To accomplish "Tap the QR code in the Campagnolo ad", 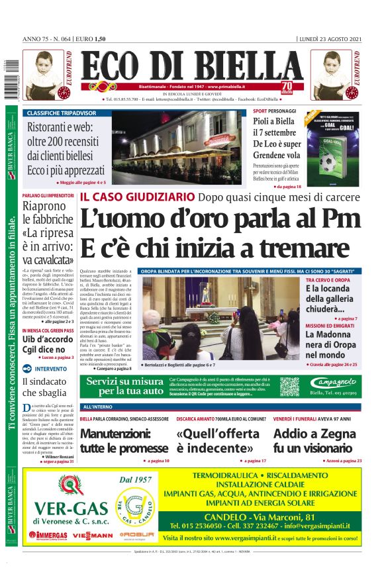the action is [289, 386].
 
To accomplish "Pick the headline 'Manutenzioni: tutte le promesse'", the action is [124, 440].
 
